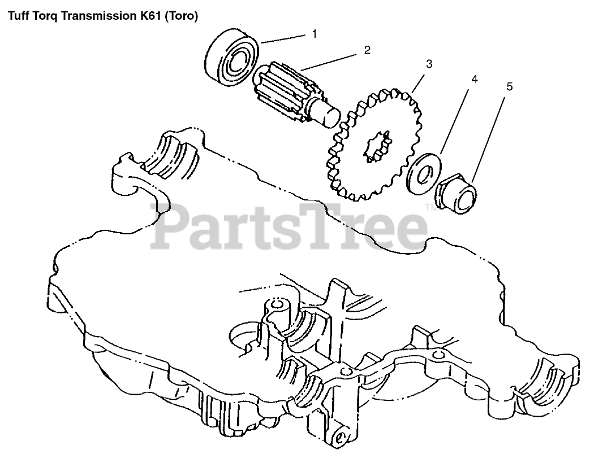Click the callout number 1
tap(315, 34)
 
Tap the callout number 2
tap(367, 50)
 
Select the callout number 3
tap(429, 64)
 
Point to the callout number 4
tap(474, 80)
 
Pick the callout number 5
tap(509, 86)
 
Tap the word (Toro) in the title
tap(183, 16)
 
